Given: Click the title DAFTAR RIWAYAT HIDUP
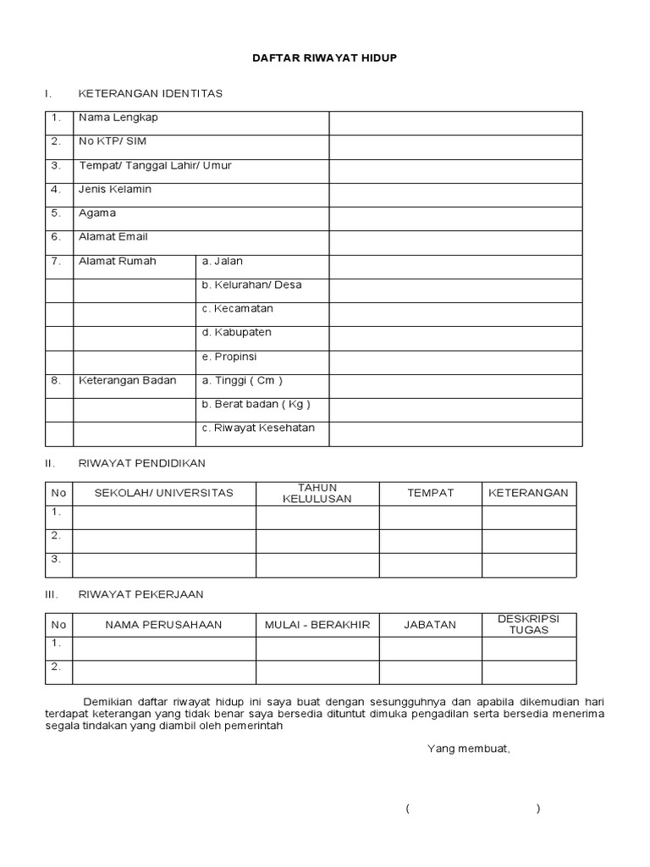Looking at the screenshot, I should pos(325,58).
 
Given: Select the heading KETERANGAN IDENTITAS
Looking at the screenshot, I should pos(151,93).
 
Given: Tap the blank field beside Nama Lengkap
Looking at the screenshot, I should pos(455,123).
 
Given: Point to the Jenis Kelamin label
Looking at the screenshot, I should pos(115,189).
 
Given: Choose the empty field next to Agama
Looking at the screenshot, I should pos(455,218).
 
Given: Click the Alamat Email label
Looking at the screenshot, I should pos(113,237).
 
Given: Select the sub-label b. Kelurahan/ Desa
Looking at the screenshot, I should pos(251,284).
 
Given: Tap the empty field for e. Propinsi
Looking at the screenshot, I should pos(455,362).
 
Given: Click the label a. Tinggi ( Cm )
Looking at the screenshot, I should pos(242,380).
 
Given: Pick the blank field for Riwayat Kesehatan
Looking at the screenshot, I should pos(455,433).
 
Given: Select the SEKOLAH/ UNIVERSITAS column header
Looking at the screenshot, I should pos(164,493).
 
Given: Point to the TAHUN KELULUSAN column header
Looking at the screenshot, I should pos(317,493).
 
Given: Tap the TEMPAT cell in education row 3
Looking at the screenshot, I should pos(431,565).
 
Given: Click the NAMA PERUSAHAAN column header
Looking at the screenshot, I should pos(164,625).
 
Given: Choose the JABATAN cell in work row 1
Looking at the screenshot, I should pos(431,649).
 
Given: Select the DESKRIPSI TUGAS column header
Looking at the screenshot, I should pos(529,625).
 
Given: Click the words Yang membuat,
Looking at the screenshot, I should pos(469,748).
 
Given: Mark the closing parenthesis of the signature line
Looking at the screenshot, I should pos(538,809).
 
